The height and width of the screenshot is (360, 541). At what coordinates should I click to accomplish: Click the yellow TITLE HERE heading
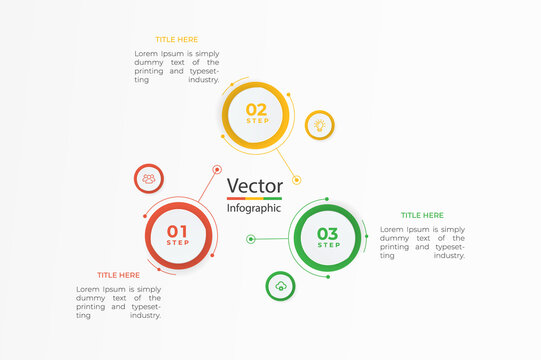177,40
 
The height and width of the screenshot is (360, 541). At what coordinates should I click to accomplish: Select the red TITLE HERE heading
118,275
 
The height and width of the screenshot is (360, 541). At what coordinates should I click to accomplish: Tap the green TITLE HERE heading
422,215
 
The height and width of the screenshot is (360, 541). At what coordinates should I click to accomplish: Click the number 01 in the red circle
177,231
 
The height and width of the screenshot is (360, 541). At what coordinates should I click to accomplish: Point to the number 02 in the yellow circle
257,109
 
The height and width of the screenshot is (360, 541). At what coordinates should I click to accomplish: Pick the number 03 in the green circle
328,234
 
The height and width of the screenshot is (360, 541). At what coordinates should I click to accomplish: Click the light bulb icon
319,125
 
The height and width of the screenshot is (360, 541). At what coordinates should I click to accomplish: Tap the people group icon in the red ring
149,179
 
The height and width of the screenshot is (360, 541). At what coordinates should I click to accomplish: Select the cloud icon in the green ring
281,286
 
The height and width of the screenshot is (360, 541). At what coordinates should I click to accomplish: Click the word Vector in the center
255,185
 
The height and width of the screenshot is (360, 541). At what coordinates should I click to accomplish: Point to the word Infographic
255,208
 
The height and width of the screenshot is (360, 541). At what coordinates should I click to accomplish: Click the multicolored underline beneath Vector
255,198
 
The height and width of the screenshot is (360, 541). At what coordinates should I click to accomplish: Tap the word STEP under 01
177,243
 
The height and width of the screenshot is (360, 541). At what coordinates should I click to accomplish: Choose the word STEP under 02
257,121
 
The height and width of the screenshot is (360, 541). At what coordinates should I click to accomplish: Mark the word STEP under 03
328,245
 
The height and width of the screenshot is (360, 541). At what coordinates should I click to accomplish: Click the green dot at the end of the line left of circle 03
251,239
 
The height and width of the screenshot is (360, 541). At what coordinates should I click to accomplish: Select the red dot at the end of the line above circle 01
217,170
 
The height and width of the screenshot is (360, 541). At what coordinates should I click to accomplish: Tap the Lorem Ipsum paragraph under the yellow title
177,66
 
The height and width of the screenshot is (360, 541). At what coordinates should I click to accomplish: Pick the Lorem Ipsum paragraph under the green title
422,242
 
